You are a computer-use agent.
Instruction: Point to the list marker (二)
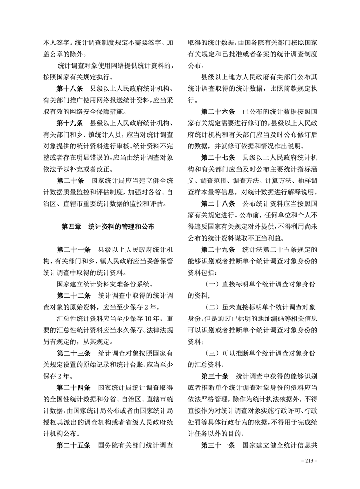click(212, 307)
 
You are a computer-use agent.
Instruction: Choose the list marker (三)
click(212, 353)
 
